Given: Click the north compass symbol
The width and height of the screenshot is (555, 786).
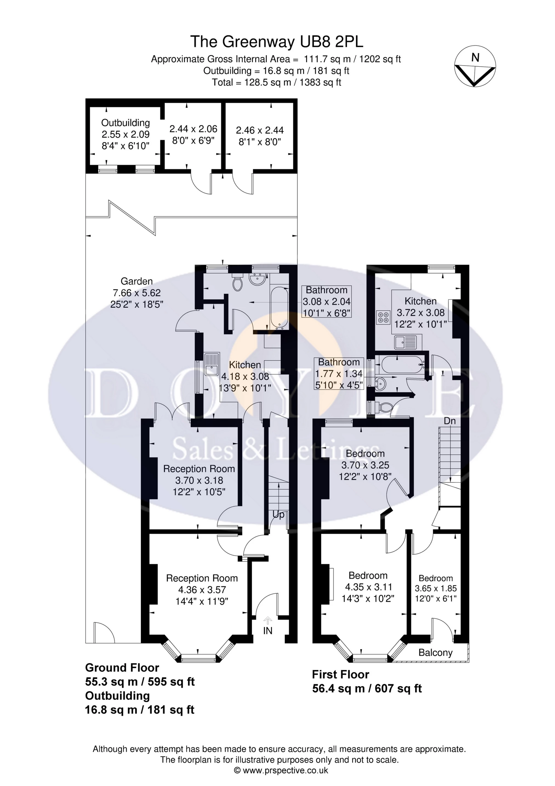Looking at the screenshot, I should click(x=475, y=66).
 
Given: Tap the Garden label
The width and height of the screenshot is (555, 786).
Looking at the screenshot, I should click(x=136, y=281).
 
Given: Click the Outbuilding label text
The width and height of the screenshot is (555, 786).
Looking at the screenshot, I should click(x=126, y=123).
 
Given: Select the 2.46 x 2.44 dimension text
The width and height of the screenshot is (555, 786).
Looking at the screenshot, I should click(x=260, y=131).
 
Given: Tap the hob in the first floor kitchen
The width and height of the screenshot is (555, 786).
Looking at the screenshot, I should click(x=383, y=317).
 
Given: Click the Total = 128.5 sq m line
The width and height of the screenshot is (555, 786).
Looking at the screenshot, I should click(x=277, y=83).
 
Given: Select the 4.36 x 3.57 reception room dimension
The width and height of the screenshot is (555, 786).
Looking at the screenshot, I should click(x=202, y=590).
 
